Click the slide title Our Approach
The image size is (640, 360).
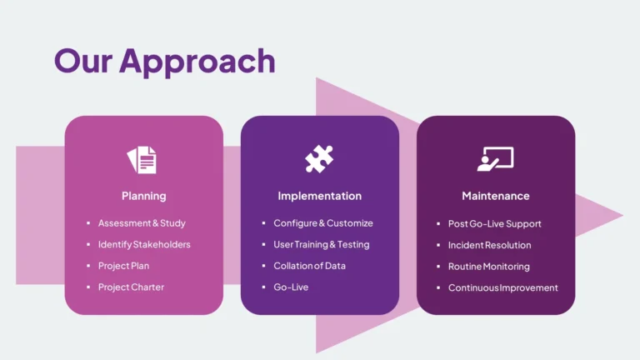point(164,61)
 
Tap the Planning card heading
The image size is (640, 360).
point(143,196)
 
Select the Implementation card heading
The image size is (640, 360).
point(319,196)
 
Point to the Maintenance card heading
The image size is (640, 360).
point(495,196)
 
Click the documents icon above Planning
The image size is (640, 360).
point(142,159)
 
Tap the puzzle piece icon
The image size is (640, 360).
point(319,158)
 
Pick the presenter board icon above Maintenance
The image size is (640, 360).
point(495,158)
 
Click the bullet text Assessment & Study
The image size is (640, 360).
point(142,223)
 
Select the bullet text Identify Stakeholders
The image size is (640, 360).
point(144,244)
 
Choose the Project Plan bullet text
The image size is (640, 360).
point(123,266)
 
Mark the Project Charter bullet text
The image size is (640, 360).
point(131,287)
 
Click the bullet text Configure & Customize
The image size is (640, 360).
point(323,223)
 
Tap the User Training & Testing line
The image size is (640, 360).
point(321,244)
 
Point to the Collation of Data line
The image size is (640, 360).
point(309,266)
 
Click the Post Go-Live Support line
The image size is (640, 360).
point(494,223)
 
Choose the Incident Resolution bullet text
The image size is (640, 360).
point(489,245)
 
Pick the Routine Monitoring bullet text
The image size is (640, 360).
point(488,267)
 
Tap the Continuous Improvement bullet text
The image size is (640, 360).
point(502,288)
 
